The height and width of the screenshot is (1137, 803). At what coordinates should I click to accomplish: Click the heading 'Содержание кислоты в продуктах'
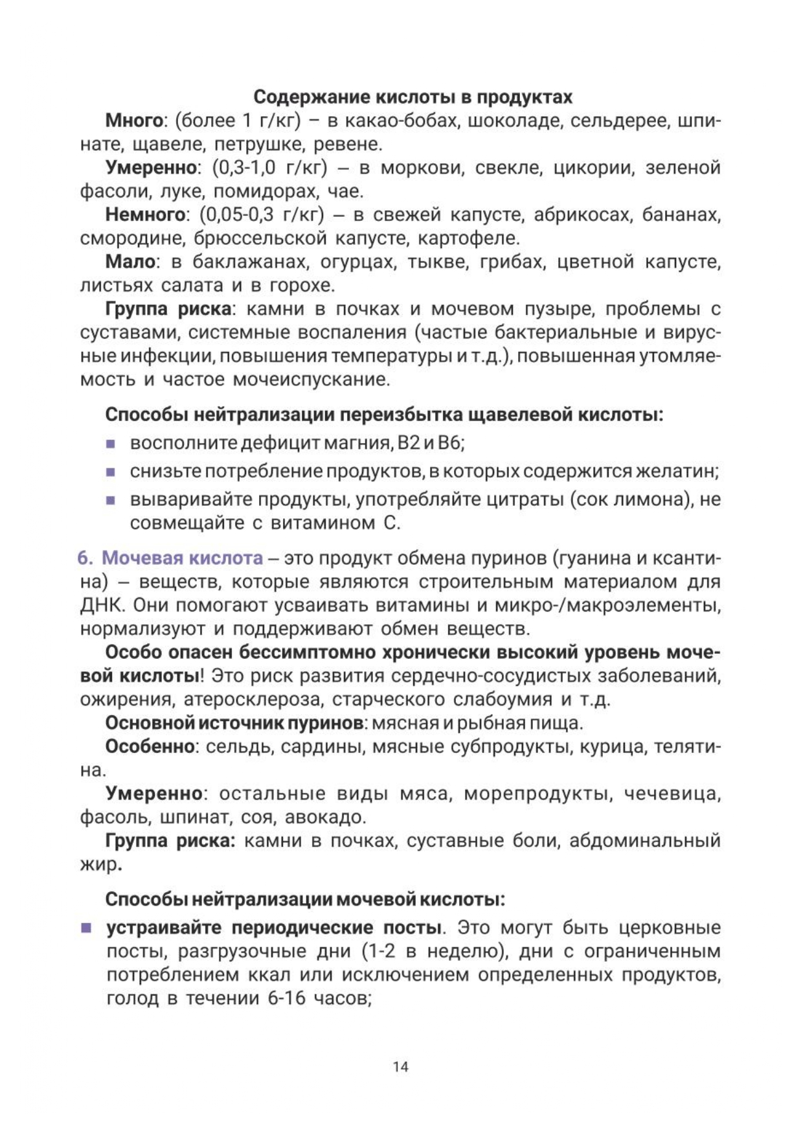point(413,97)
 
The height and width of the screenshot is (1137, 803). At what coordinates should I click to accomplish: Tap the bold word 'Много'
point(133,121)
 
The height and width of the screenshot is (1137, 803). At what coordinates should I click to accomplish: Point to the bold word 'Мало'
point(130,262)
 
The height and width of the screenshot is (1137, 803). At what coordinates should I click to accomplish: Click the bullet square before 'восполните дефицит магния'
point(111,444)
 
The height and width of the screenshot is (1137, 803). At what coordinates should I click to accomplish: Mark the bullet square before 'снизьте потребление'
point(111,472)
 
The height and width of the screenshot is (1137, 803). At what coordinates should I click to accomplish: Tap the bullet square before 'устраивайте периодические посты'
point(86,928)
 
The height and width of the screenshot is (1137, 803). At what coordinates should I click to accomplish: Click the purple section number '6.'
point(86,558)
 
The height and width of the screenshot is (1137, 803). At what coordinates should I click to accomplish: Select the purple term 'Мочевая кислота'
point(183,558)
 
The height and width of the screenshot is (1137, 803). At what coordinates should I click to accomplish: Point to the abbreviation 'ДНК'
point(98,605)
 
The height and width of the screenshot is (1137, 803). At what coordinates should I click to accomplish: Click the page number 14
point(401,1066)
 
